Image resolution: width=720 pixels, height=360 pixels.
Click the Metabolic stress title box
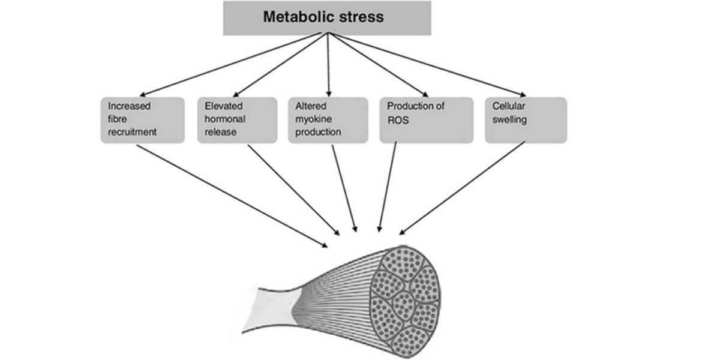point(327,18)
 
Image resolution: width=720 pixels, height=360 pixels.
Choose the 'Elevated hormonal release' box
point(237,120)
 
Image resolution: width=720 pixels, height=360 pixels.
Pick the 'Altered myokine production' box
point(328,120)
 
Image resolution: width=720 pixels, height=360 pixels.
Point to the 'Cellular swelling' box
point(525,120)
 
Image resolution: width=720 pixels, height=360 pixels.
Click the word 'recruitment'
point(132,131)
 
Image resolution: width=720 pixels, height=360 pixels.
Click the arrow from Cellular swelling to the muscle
point(462,188)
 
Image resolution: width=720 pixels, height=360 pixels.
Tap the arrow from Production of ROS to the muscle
point(388,186)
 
